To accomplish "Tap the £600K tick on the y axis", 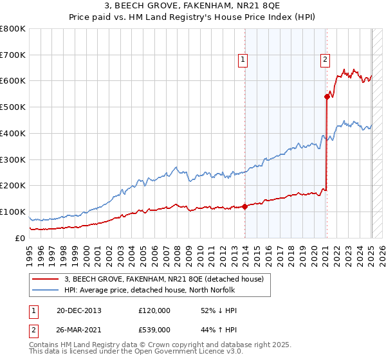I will coord(13,81).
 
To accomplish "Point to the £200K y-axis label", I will coord(13,186).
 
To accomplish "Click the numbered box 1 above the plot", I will coord(244,60).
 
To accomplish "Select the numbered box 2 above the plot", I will coord(326,60).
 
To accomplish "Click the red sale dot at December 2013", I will coord(245,206).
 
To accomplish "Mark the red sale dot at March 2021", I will coord(327,96).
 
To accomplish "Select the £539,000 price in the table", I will coord(154,329).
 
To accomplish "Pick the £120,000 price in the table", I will coord(154,310).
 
